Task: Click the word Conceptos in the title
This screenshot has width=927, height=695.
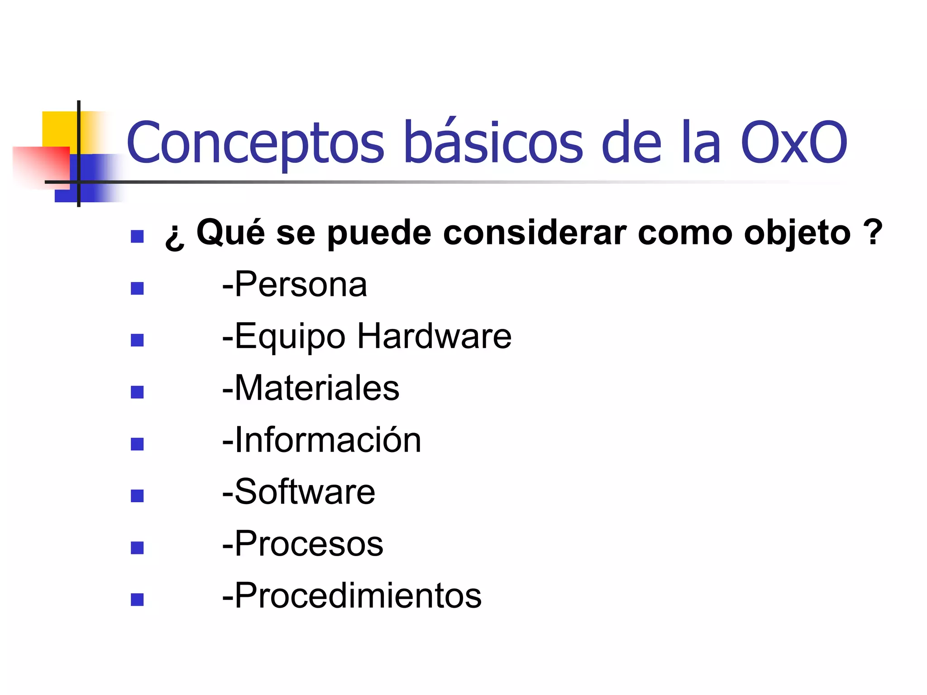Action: tap(255, 143)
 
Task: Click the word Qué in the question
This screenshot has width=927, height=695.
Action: tap(230, 233)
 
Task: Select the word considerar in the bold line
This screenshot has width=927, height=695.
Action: tap(535, 233)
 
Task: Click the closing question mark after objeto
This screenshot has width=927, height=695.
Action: tap(873, 232)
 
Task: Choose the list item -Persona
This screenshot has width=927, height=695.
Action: tap(294, 285)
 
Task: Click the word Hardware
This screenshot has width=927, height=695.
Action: tap(434, 336)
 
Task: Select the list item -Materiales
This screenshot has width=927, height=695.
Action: tap(311, 388)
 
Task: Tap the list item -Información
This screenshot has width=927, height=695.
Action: tap(321, 440)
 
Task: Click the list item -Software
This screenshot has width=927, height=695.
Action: tap(298, 492)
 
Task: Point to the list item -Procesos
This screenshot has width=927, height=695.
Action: tap(302, 543)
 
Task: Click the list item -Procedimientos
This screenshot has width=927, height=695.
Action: tap(352, 595)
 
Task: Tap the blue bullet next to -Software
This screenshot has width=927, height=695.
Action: tap(137, 496)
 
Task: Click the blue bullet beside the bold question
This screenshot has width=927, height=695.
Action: tap(137, 237)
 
